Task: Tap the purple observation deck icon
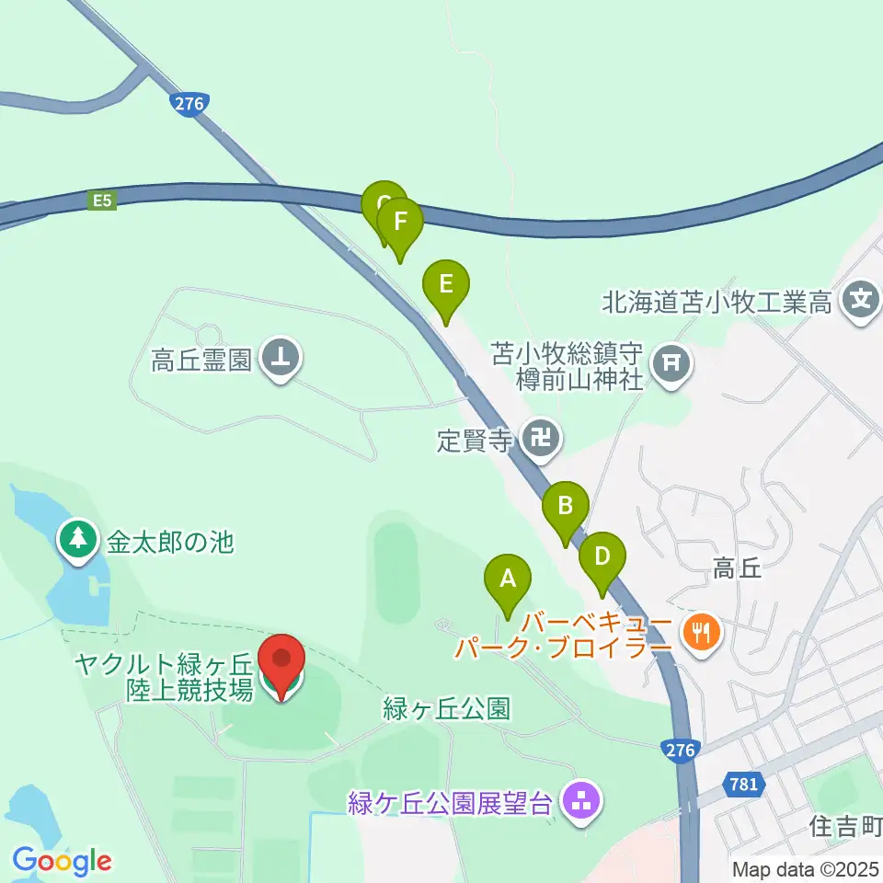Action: click(x=580, y=803)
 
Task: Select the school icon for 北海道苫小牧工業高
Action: click(x=861, y=300)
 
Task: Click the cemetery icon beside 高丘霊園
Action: click(x=281, y=358)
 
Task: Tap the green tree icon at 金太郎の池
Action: click(x=78, y=541)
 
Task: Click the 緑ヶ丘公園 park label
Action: click(x=446, y=709)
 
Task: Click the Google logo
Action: click(x=62, y=861)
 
